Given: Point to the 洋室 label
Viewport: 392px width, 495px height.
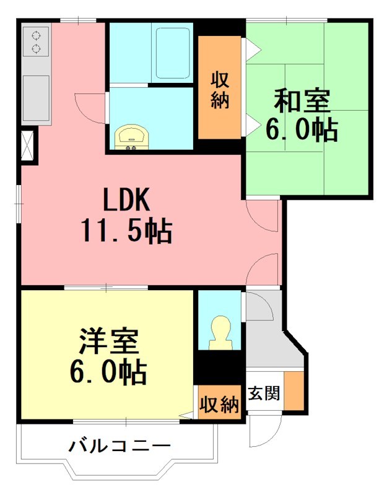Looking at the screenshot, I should click(x=108, y=342).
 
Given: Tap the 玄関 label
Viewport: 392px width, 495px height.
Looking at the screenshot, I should click(x=264, y=393).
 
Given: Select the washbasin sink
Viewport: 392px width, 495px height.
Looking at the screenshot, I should click(x=131, y=137).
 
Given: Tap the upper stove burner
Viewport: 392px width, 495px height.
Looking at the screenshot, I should click(x=35, y=35).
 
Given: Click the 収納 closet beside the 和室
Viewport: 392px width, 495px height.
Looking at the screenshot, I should click(x=219, y=89).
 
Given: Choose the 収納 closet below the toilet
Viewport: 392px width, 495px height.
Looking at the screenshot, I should click(x=219, y=405).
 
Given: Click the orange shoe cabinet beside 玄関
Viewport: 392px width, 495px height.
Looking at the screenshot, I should click(x=294, y=391).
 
